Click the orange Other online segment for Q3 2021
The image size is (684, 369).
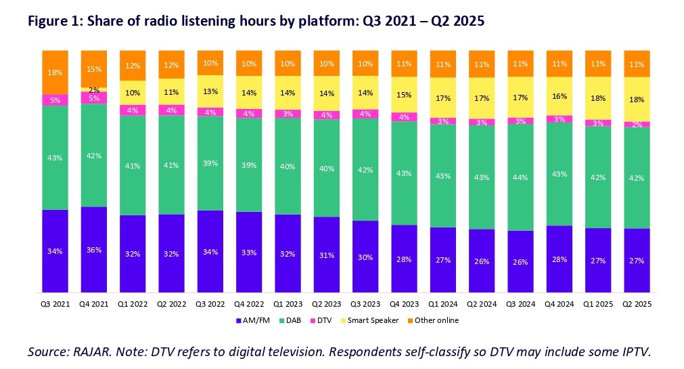[55, 72]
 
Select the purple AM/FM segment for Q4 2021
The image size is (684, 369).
[93, 250]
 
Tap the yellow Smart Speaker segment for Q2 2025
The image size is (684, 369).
[637, 99]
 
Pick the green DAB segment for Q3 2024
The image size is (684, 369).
[520, 177]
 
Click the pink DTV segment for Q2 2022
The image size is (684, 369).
[171, 110]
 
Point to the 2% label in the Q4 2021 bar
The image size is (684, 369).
[93, 89]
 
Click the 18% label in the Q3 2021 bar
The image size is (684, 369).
[55, 72]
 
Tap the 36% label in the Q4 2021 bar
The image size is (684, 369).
[93, 250]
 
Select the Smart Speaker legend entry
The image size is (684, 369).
[373, 320]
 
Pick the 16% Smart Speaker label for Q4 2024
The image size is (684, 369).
[559, 97]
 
